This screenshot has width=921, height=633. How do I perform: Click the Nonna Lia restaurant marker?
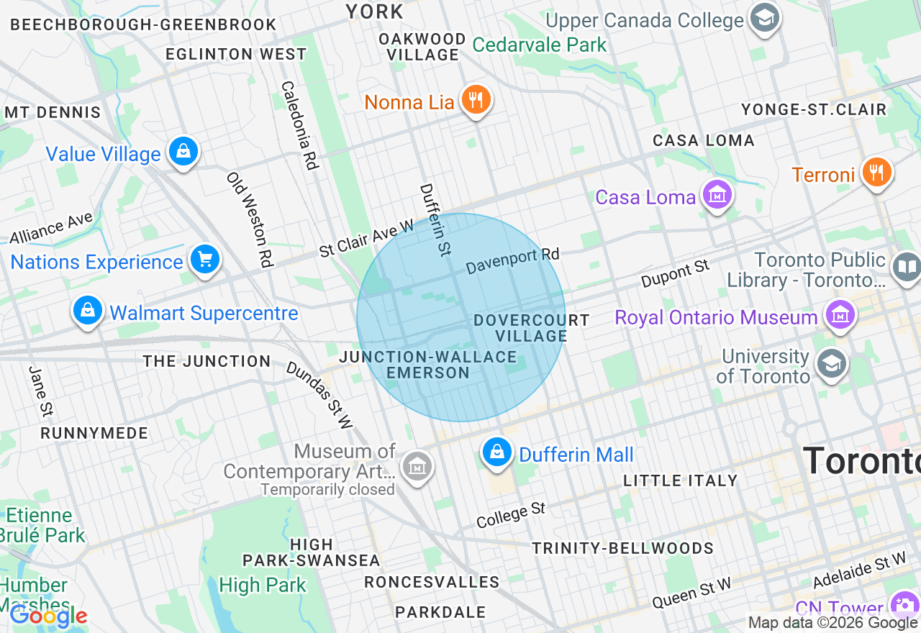tap(475, 100)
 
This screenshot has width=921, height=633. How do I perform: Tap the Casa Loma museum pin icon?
tap(717, 195)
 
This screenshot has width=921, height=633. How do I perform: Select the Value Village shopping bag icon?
tap(183, 152)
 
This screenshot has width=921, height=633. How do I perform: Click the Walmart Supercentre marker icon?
tap(87, 311)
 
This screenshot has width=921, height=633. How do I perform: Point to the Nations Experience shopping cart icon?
tap(205, 260)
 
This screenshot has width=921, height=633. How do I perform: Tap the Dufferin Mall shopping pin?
tap(496, 452)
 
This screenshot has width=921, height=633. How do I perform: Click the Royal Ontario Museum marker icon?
tap(840, 315)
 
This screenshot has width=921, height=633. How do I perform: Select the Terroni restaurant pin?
tap(876, 173)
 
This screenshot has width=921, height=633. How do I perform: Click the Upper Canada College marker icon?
tap(764, 19)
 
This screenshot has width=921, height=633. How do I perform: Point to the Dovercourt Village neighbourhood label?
tap(532, 328)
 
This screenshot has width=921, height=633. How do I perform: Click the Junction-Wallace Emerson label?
tap(428, 365)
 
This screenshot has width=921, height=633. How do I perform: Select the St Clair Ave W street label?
tap(367, 238)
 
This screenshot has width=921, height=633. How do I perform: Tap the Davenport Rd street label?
tap(512, 261)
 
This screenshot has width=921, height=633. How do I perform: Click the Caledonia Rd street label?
tap(299, 125)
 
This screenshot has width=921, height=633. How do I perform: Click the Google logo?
tap(48, 616)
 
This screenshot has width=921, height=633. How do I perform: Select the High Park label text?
tap(263, 585)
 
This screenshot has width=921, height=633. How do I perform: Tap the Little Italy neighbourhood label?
tap(681, 481)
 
